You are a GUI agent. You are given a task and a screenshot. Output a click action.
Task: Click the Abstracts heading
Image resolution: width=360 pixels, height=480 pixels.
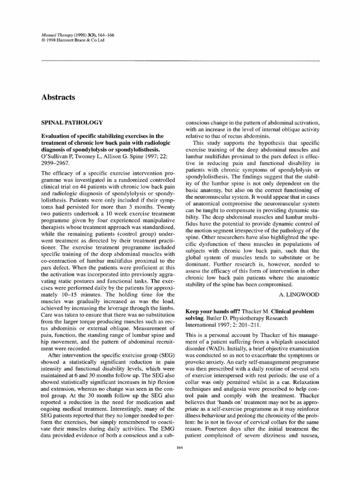pyautogui.click(x=58, y=97)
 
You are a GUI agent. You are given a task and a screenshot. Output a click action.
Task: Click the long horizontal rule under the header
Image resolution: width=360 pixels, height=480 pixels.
pyautogui.click(x=180, y=61)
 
